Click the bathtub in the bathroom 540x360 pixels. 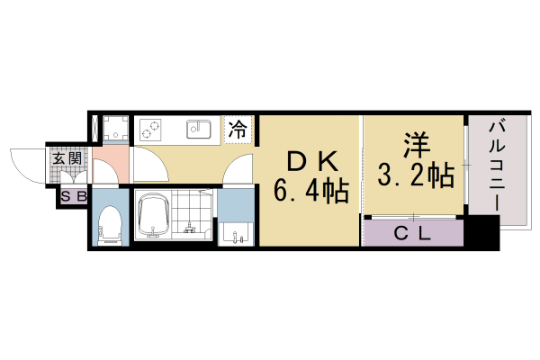click(156, 217)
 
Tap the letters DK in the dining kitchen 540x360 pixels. click(311, 161)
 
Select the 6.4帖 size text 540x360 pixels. click(311, 191)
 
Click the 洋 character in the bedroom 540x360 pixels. click(414, 144)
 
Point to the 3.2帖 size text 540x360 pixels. click(414, 175)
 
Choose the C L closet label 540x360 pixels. click(414, 233)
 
